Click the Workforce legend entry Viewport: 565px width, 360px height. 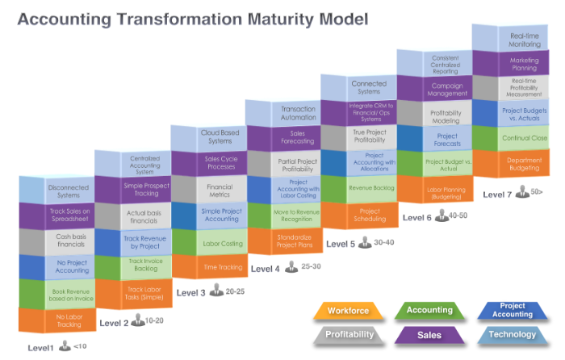click(348, 311)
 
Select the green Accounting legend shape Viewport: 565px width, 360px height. click(429, 310)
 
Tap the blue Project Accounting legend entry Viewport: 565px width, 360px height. click(513, 310)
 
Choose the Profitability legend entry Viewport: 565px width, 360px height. click(348, 333)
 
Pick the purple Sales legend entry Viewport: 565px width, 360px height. click(429, 333)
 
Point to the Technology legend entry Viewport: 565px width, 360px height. click(513, 333)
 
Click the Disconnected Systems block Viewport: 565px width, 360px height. click(68, 191)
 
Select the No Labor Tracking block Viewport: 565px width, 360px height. click(68, 320)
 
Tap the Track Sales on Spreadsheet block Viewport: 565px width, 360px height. click(68, 217)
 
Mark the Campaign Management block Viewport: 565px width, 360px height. click(446, 88)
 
